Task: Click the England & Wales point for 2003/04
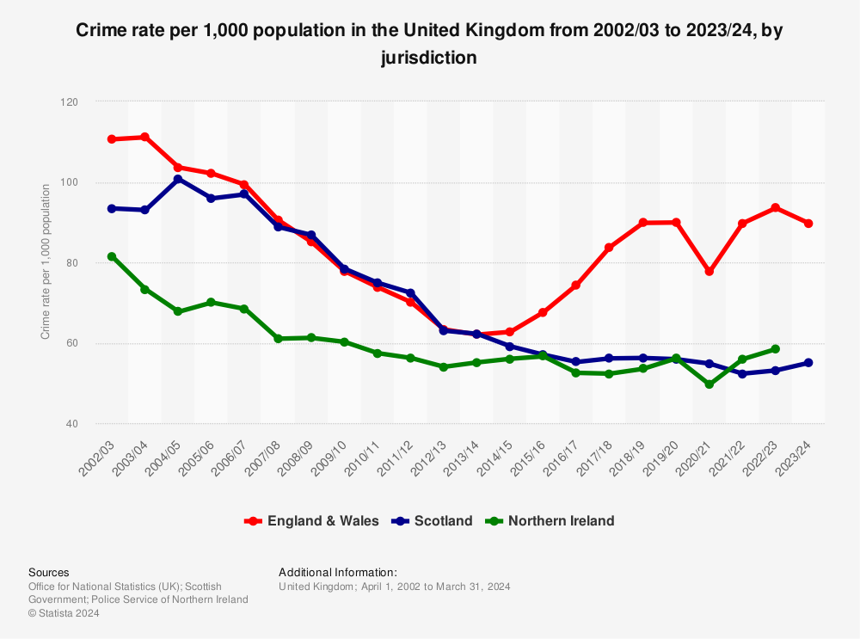[x=144, y=137]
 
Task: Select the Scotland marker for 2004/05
[x=178, y=179]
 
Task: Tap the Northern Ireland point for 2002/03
[x=112, y=256]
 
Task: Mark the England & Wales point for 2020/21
[x=709, y=271]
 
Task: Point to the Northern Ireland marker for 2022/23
[x=776, y=349]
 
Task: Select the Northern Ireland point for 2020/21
[x=709, y=384]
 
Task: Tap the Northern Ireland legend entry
[x=550, y=521]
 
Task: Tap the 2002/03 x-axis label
[x=101, y=455]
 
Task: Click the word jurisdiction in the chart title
[x=429, y=58]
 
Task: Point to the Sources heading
[x=49, y=572]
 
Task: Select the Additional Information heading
[x=338, y=572]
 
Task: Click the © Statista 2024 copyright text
[x=64, y=613]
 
